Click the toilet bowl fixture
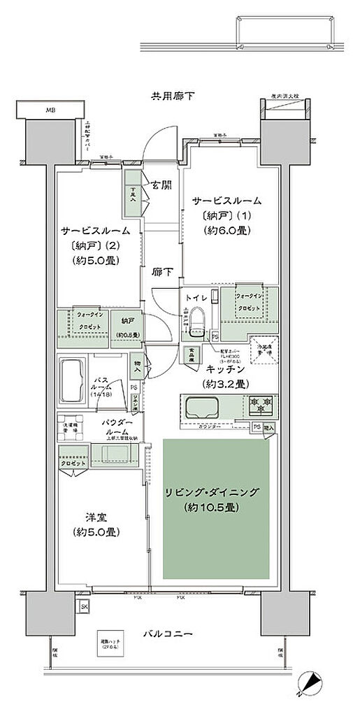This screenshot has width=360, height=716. [x=198, y=321]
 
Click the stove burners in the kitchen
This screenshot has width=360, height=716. [x=261, y=405]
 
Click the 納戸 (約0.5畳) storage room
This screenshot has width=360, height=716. [x=127, y=327]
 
